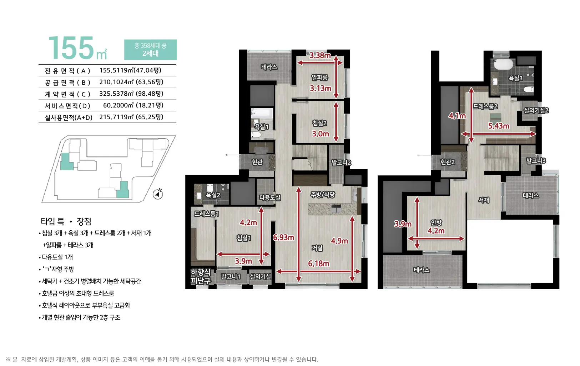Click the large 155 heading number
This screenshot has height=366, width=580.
tap(71, 48)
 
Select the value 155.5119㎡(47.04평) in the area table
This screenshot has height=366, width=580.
tap(130, 70)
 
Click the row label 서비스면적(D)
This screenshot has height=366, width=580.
tap(67, 106)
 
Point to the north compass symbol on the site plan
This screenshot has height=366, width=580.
tap(158, 194)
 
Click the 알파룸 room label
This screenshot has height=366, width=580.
tap(319, 77)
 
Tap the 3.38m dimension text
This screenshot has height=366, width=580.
tap(320, 55)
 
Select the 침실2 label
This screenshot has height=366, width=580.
tap(319, 123)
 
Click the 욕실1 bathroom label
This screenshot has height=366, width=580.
tap(261, 127)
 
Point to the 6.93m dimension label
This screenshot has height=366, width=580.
tap(283, 237)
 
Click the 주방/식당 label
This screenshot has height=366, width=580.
tap(323, 195)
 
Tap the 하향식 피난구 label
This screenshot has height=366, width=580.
tap(201, 276)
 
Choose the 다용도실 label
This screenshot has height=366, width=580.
tap(270, 197)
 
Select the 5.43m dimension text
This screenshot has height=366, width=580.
tap(499, 126)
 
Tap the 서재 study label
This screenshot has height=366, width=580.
tap(483, 200)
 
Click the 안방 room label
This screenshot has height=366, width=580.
tap(436, 222)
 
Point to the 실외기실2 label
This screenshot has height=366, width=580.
tap(536, 110)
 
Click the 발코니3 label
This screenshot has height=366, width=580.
tap(536, 161)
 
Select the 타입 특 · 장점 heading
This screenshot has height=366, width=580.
tap(66, 221)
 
